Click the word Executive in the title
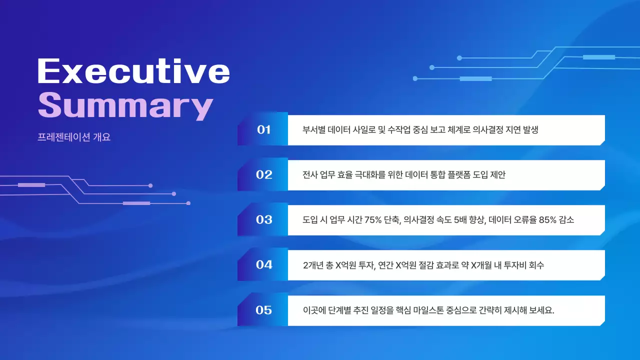pyautogui.click(x=133, y=71)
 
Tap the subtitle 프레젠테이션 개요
pyautogui.click(x=74, y=137)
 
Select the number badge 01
pyautogui.click(x=263, y=130)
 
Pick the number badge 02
pyautogui.click(x=263, y=175)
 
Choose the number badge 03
pyautogui.click(x=263, y=220)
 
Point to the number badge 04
pyautogui.click(x=263, y=265)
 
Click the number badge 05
pyautogui.click(x=263, y=310)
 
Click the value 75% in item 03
pyautogui.click(x=373, y=220)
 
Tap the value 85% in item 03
pyautogui.click(x=547, y=220)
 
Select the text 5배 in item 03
pyautogui.click(x=462, y=220)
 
